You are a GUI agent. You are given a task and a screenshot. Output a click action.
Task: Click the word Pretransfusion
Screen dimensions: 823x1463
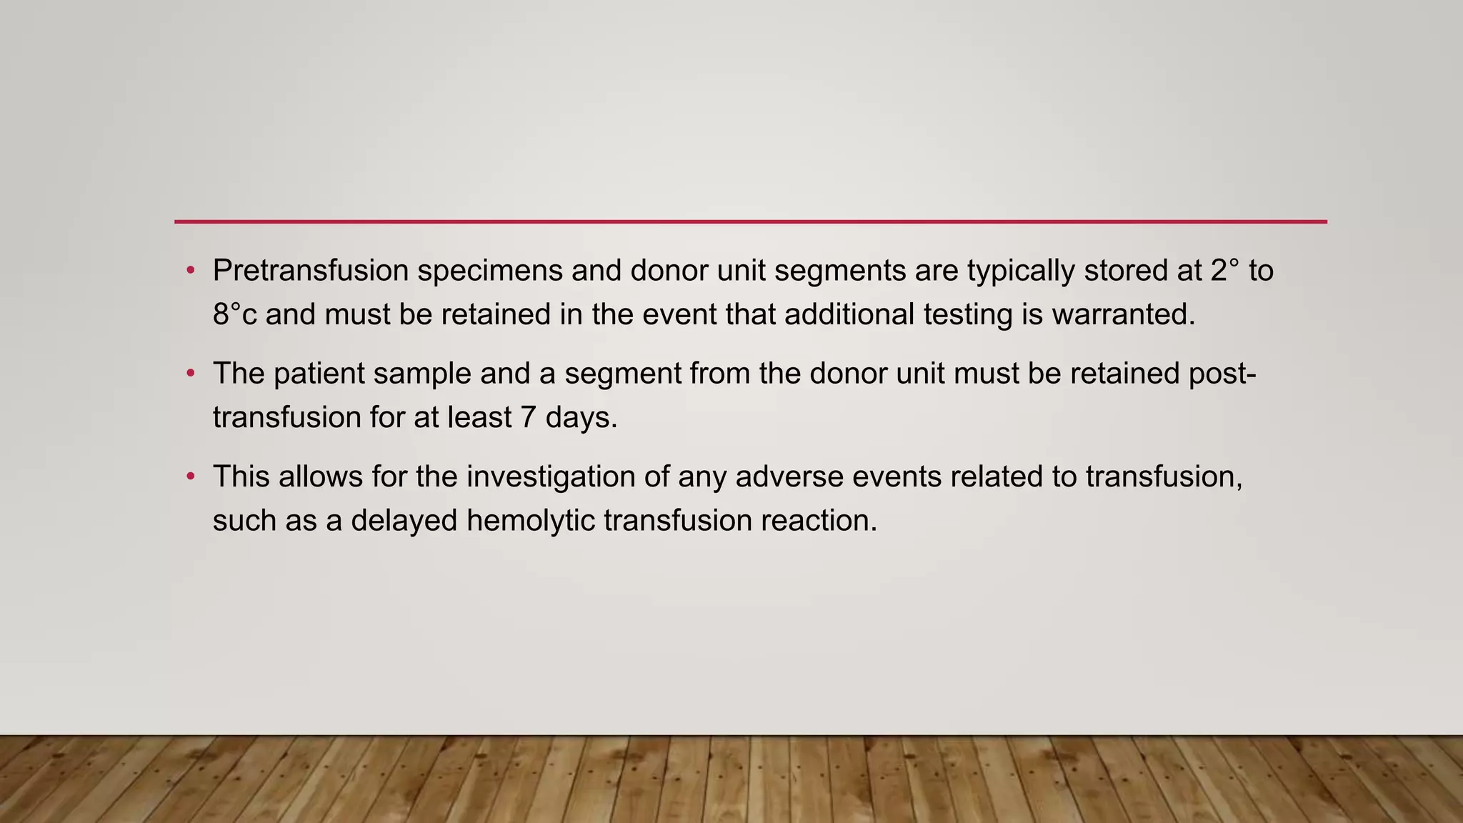click(311, 271)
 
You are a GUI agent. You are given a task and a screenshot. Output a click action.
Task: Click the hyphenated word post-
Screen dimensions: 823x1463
click(1222, 374)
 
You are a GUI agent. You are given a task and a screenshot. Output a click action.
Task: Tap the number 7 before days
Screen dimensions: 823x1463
click(528, 417)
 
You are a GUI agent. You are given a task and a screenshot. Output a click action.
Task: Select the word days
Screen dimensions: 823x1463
click(581, 418)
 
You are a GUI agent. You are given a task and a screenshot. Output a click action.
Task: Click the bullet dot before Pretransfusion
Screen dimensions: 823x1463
click(190, 270)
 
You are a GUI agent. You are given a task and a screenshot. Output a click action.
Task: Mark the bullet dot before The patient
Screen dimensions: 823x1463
click(190, 373)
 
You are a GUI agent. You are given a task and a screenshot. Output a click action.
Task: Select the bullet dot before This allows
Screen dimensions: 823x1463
click(190, 476)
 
